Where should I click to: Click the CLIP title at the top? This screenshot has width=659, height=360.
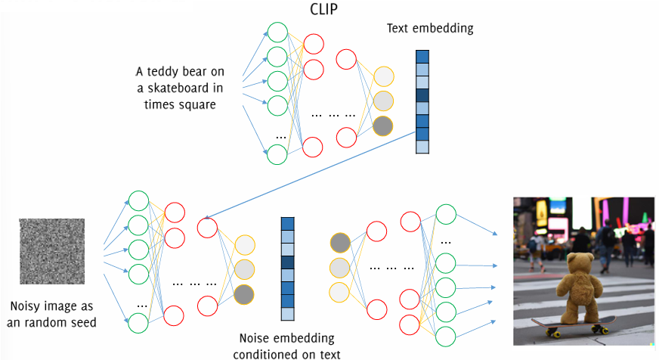(325, 10)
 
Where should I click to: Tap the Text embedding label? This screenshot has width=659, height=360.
(429, 29)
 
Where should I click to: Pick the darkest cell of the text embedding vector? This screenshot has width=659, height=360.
(422, 95)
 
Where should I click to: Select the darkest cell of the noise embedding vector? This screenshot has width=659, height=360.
(287, 262)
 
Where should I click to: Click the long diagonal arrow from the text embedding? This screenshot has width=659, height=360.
(317, 175)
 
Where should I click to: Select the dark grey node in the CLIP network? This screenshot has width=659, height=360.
(383, 126)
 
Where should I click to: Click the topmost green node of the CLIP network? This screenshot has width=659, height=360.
(277, 33)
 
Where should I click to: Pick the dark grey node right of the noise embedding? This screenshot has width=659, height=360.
(341, 243)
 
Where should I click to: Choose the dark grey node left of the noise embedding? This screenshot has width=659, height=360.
(245, 293)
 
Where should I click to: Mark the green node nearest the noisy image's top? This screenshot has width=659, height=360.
(138, 200)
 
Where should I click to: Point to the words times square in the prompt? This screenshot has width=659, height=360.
(179, 104)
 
